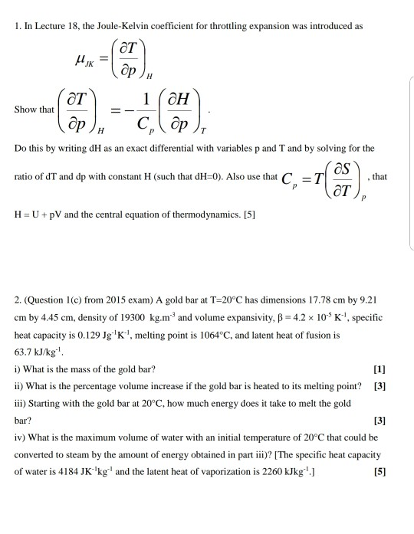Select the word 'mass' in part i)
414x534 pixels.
click(81, 370)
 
